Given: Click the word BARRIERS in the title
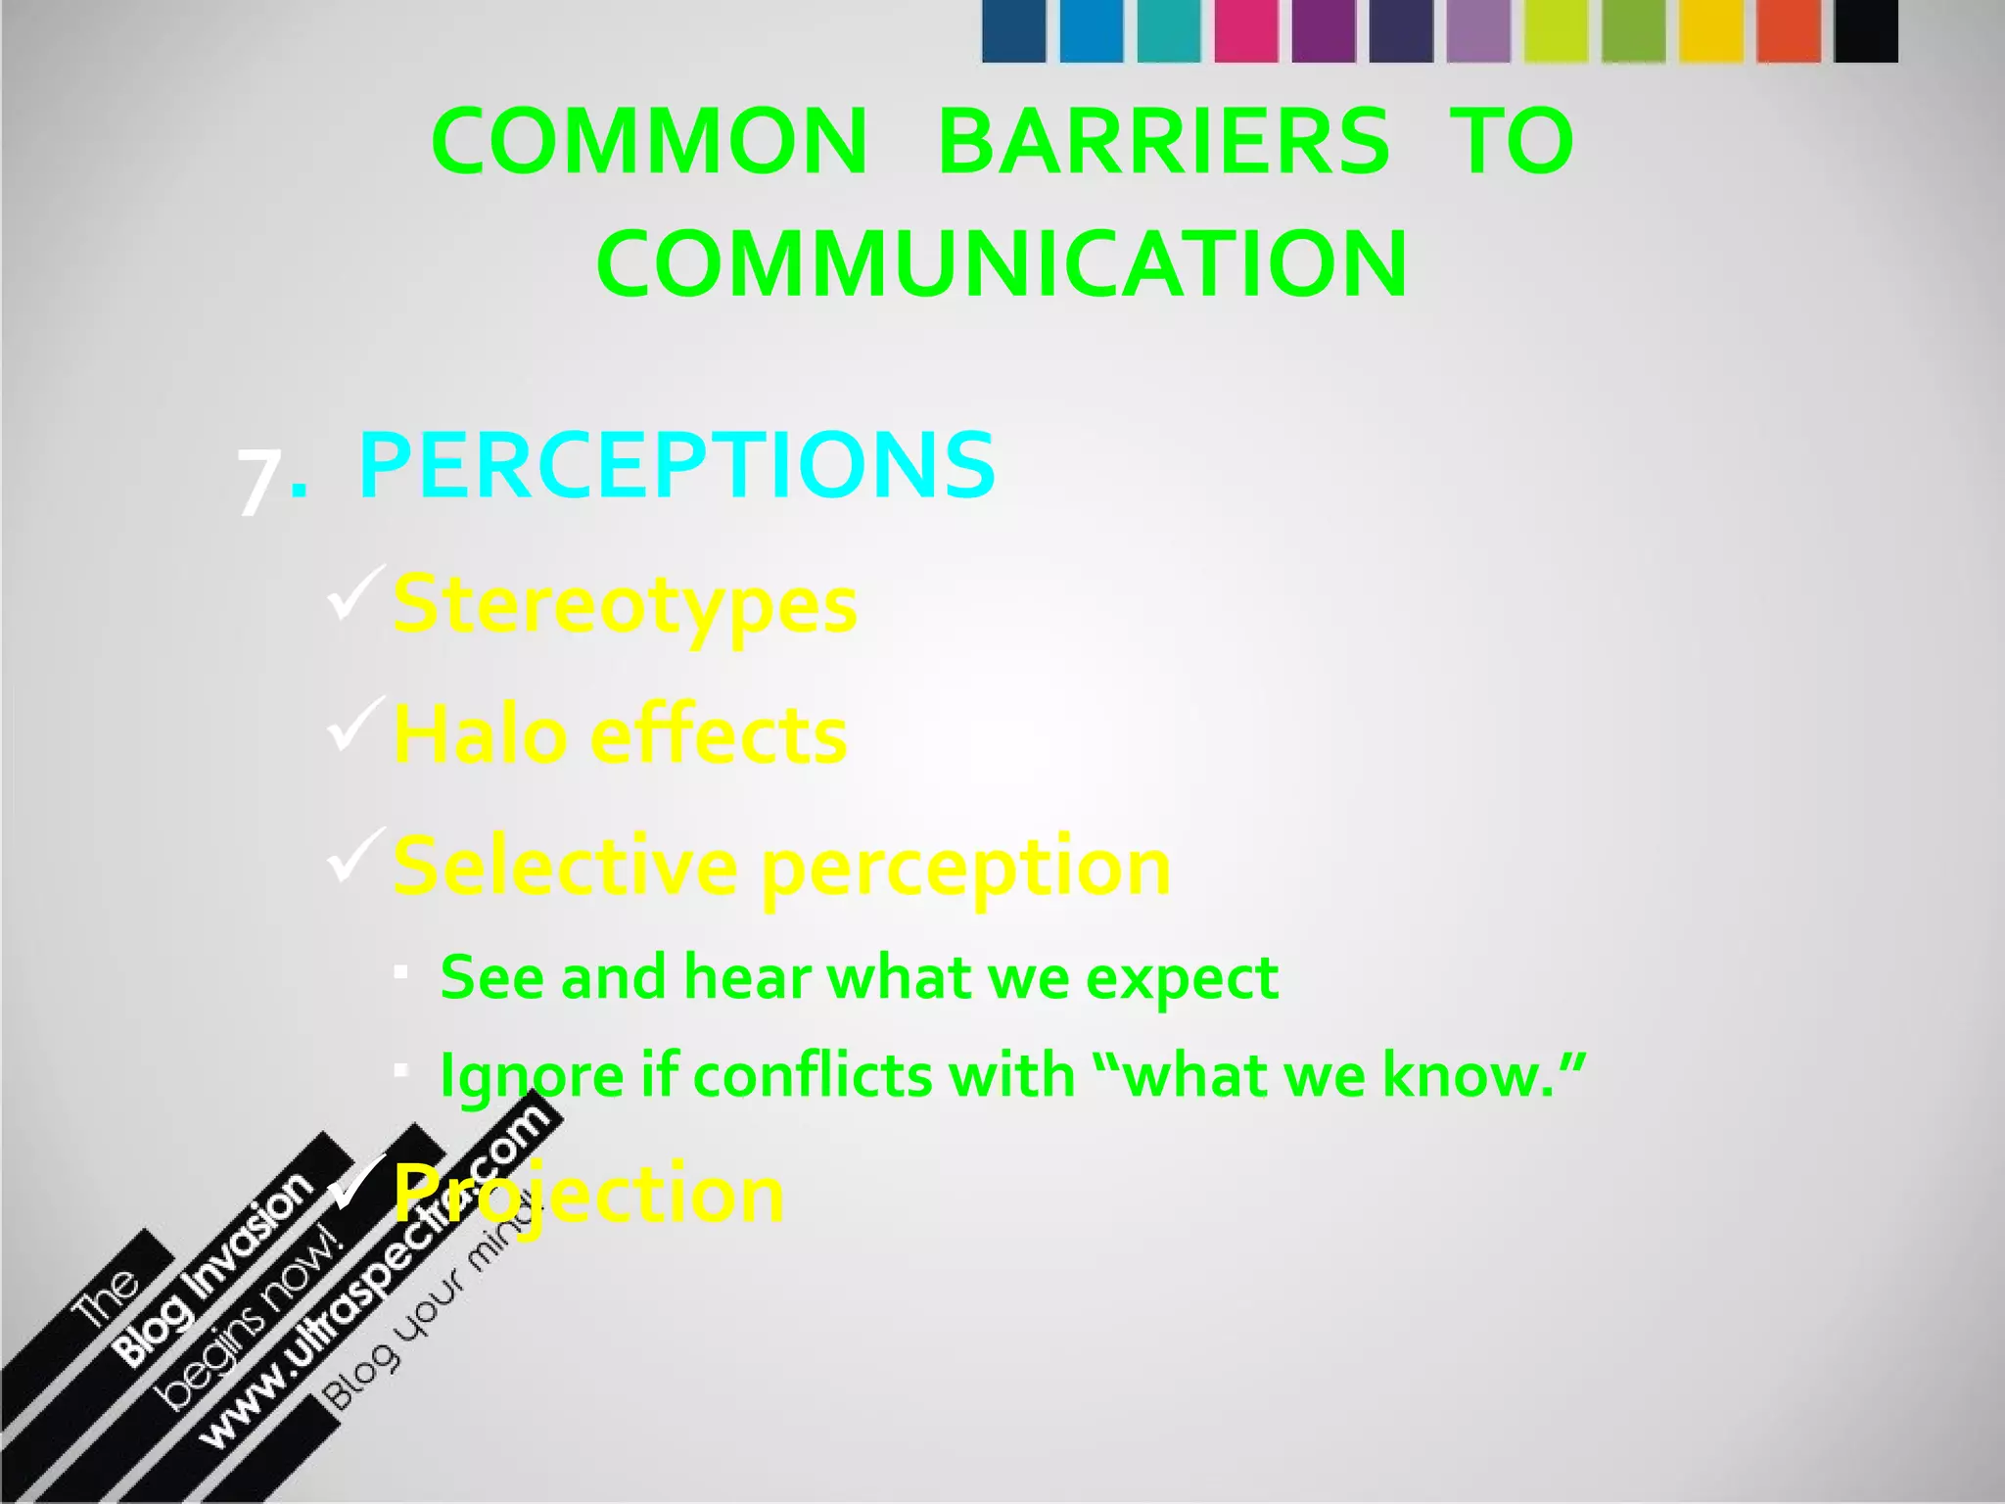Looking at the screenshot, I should point(1163,142).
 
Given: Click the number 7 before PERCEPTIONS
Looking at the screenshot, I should point(259,482).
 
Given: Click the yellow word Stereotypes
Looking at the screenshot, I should point(625,605).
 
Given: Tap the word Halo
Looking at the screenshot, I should point(480,735).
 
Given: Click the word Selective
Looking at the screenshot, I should point(565,867).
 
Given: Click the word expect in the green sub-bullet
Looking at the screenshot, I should point(1182,978).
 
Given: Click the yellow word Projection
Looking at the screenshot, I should point(588,1194).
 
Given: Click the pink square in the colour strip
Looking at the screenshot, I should point(1246,31).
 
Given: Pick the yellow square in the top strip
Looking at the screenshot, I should point(1710,31).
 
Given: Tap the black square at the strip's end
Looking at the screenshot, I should point(1866,31).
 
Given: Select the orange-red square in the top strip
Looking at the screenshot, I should point(1789,31).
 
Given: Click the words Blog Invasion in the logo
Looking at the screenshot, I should point(213,1270).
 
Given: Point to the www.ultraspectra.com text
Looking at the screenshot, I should point(377,1273).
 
